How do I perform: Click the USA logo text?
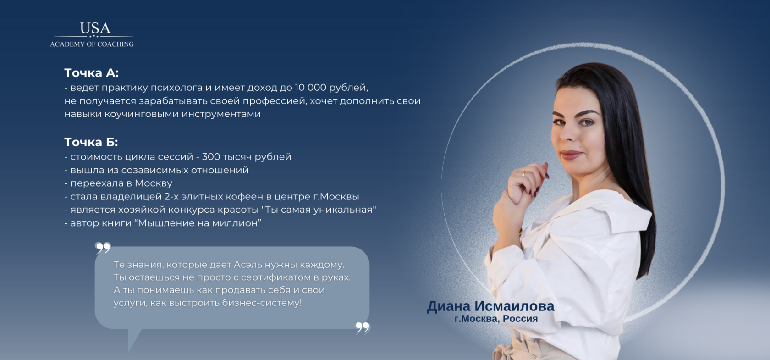tap(95, 28)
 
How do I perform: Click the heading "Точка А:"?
tap(92, 73)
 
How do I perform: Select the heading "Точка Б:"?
tap(91, 142)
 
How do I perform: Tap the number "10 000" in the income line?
tap(310, 87)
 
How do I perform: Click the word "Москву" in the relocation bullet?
tap(153, 183)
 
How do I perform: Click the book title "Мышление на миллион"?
tap(198, 223)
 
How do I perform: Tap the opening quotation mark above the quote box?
tap(103, 248)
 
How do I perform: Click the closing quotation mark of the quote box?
tap(362, 327)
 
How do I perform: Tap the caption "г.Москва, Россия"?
tap(496, 319)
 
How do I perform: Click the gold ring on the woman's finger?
tap(523, 174)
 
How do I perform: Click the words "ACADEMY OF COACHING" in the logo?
tap(92, 44)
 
